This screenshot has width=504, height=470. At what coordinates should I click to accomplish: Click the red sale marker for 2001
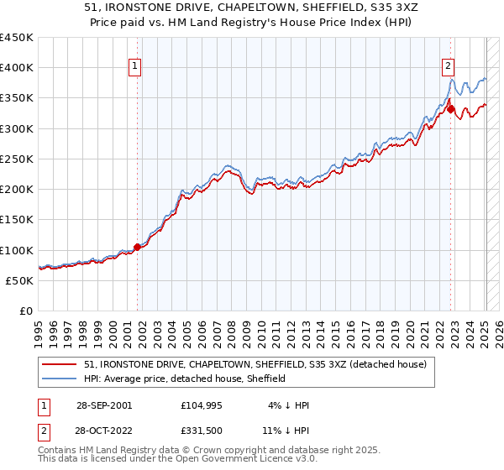click(138, 247)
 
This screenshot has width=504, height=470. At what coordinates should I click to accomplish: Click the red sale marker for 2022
click(451, 109)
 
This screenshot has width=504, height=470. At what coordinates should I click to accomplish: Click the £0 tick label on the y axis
click(26, 311)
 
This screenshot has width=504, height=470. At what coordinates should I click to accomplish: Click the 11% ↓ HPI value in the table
click(285, 431)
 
